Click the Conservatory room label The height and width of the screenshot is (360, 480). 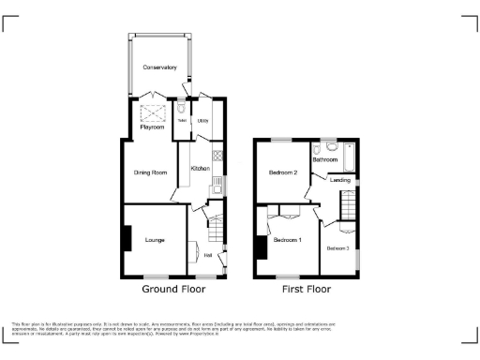[x=159, y=67]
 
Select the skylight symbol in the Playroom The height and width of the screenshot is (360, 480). [x=152, y=114]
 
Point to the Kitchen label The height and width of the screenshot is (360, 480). [x=200, y=169]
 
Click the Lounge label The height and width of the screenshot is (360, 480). [x=155, y=240]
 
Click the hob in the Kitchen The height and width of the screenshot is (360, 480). [x=218, y=156]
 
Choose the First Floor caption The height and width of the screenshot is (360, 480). [x=307, y=290]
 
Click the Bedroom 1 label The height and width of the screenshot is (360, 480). [x=287, y=240]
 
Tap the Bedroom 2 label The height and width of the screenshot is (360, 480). [x=283, y=172]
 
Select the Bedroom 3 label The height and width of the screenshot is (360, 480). [x=337, y=247]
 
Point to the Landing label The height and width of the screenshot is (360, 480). [x=340, y=179]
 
